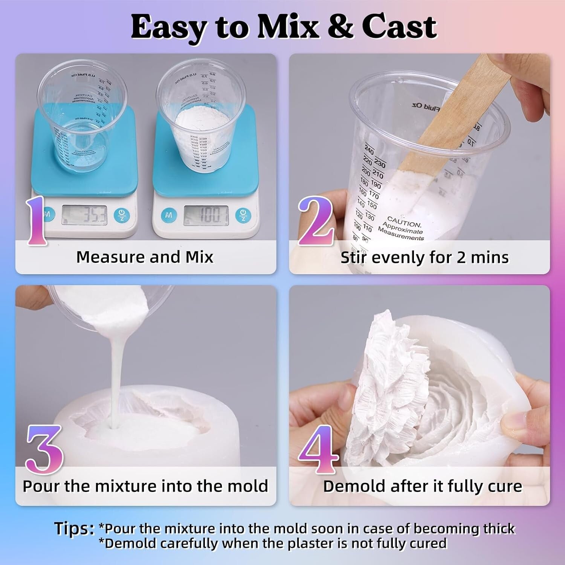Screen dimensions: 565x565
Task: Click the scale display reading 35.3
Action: (x=84, y=215)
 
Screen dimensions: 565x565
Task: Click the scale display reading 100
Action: (x=206, y=215)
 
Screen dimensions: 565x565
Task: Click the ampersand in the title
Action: (x=340, y=27)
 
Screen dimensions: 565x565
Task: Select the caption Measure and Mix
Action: (x=145, y=257)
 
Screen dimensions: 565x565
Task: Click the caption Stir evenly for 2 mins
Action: (x=425, y=258)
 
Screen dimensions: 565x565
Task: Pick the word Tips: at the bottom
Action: (x=74, y=528)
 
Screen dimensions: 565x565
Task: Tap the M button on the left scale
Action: (x=47, y=215)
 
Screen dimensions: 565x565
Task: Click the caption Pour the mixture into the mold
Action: (x=145, y=486)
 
